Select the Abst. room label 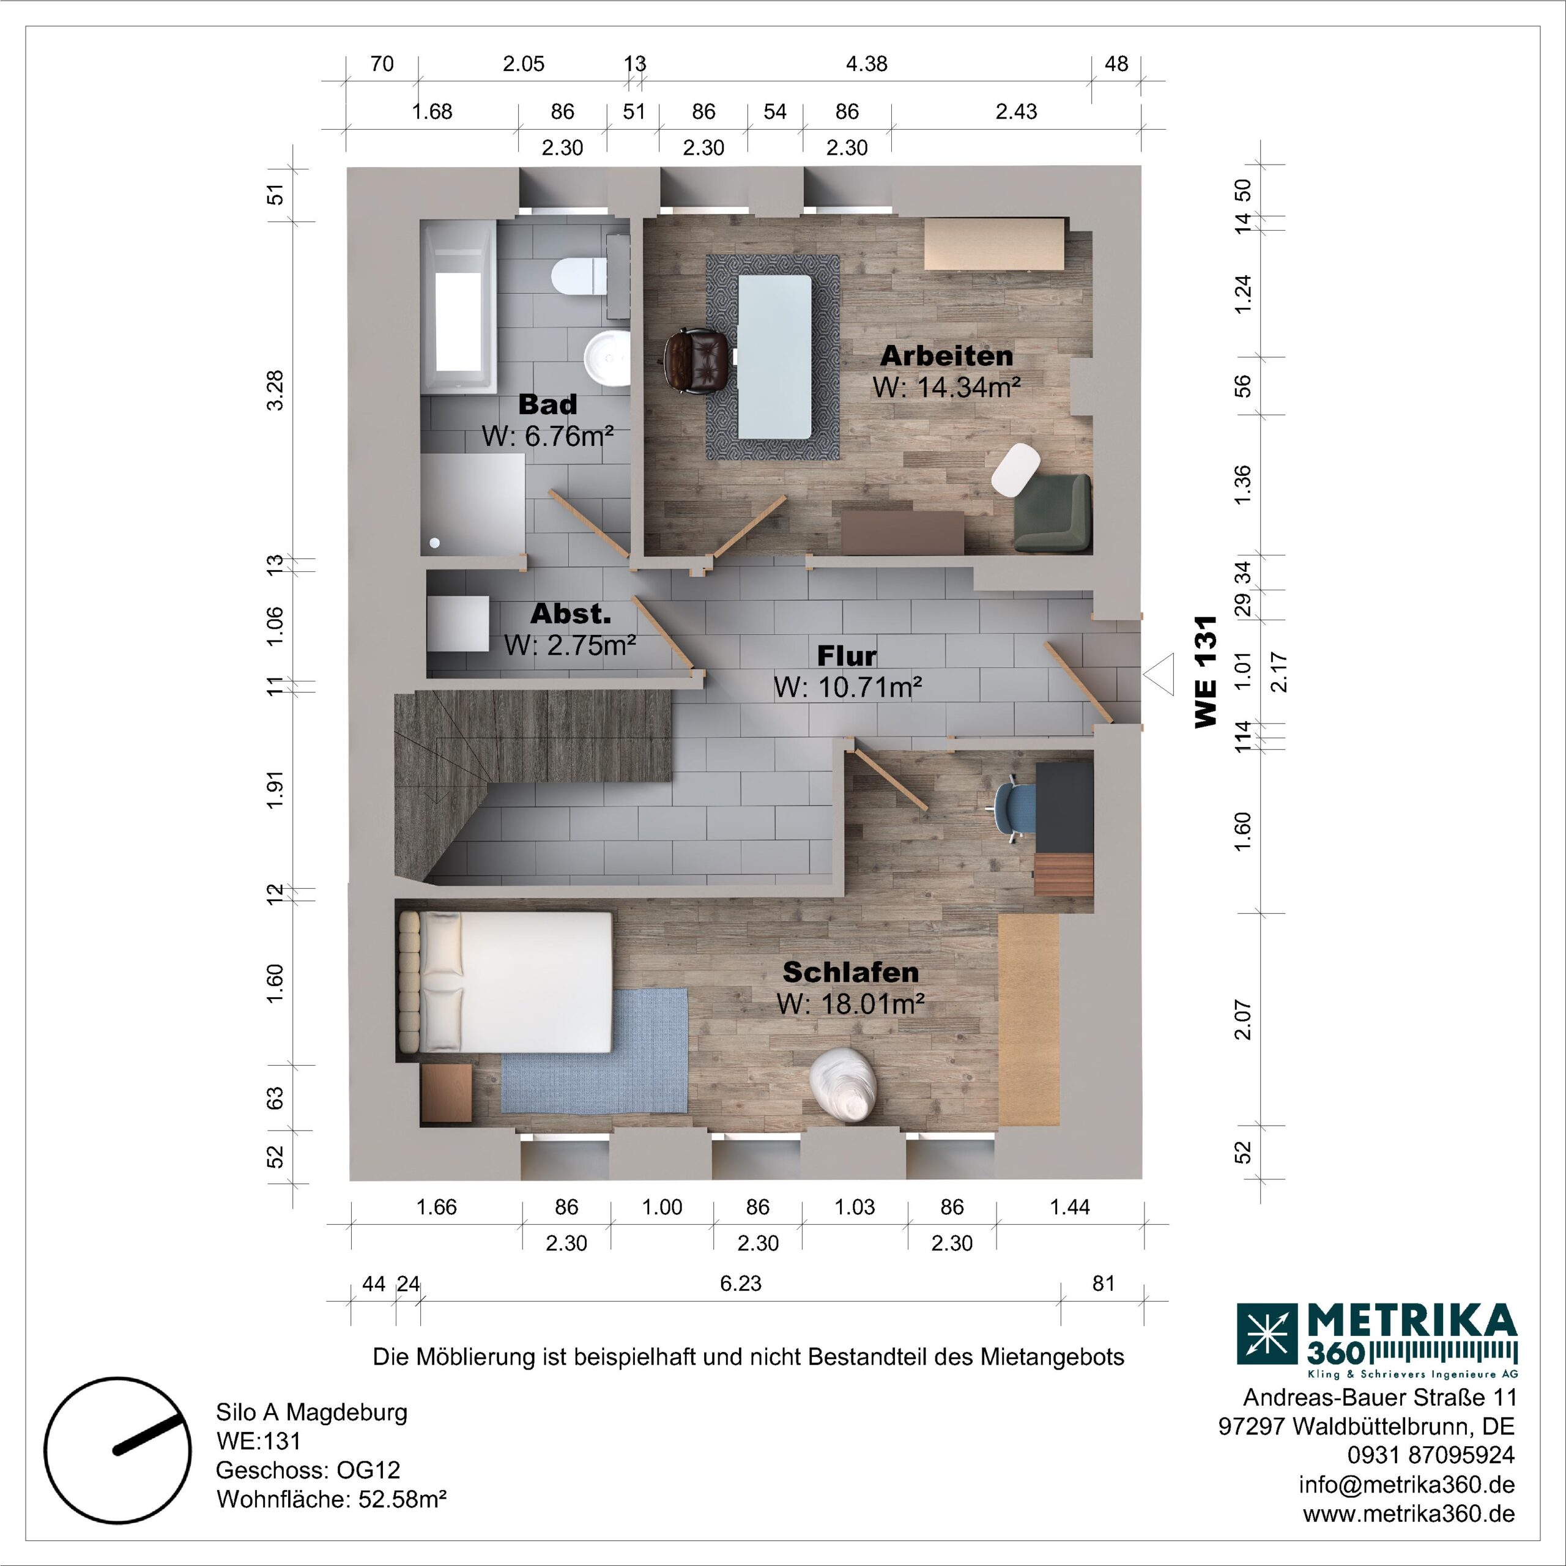(x=570, y=614)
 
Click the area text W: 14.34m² (x=946, y=387)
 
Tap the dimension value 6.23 (x=740, y=1283)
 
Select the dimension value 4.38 (x=866, y=64)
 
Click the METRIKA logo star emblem (x=1266, y=1334)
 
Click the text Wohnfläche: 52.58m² (x=332, y=1499)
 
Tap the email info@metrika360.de (x=1406, y=1484)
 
